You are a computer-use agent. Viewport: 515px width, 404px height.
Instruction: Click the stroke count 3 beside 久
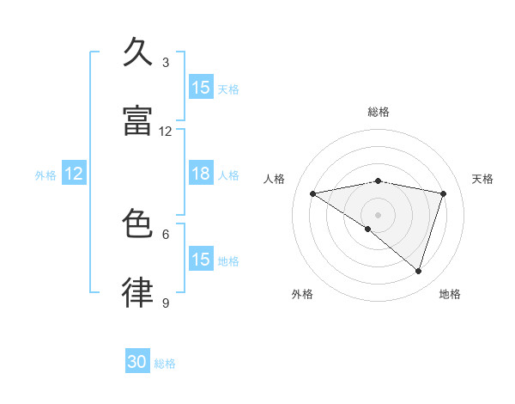[x=166, y=63]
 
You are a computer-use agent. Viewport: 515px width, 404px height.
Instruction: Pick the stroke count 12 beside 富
[x=166, y=132]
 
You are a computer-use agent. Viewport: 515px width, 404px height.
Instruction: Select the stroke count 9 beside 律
[x=166, y=303]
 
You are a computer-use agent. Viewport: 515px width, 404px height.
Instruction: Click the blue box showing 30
[x=137, y=363]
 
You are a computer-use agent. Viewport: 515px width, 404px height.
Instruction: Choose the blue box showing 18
[x=201, y=174]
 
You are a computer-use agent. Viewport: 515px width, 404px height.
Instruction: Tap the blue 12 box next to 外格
[x=74, y=174]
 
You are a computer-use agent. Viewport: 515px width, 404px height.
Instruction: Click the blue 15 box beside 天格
[x=201, y=88]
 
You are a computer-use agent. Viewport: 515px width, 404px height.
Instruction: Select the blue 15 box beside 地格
[x=201, y=260]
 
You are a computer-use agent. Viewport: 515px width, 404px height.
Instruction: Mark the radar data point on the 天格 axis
[x=444, y=193]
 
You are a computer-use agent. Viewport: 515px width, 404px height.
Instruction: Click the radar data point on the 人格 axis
[x=312, y=193]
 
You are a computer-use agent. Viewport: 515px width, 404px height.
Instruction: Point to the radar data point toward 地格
[x=419, y=272]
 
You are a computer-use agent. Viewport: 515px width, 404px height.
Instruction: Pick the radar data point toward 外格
[x=368, y=229]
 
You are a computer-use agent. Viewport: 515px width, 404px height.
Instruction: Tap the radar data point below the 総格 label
[x=379, y=181]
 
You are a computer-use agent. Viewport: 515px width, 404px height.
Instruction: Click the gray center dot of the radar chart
[x=379, y=214]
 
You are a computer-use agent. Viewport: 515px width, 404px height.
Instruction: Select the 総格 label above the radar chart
[x=379, y=113]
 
